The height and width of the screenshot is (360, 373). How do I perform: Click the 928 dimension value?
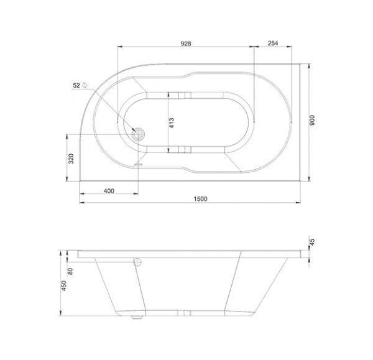click(186, 44)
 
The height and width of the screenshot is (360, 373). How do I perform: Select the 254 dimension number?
click(273, 43)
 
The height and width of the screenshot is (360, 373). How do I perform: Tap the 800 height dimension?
click(312, 121)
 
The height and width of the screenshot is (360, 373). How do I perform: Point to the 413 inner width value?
click(172, 123)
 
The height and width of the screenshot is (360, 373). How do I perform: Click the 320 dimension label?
click(71, 159)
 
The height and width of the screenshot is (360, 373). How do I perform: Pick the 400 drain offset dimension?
click(109, 191)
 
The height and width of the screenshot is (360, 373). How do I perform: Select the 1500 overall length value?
click(201, 199)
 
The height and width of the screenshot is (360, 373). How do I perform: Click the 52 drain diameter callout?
click(76, 85)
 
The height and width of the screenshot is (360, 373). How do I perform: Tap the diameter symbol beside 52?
click(85, 85)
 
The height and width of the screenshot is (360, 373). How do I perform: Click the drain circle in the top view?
click(138, 134)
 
